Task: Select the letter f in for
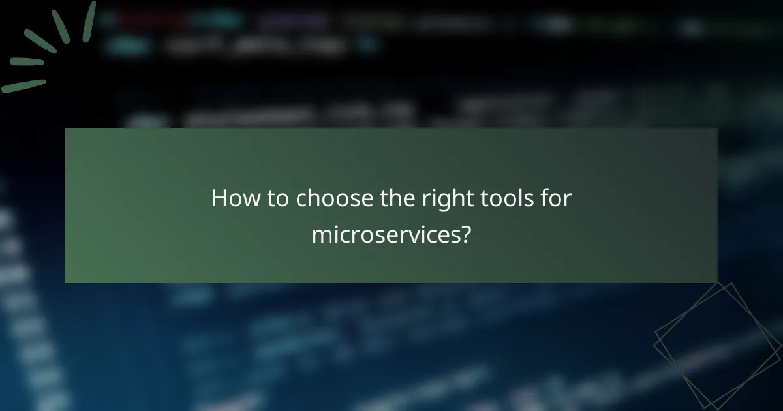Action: point(544,198)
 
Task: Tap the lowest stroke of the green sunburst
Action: point(23,85)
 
